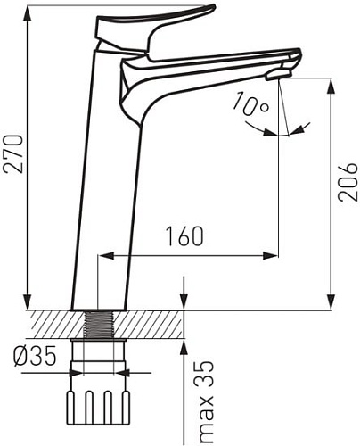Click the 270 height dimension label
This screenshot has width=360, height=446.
tap(13, 153)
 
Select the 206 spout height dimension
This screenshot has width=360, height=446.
tap(348, 182)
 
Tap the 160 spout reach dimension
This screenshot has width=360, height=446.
tap(184, 236)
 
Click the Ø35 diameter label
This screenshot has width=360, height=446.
tap(35, 356)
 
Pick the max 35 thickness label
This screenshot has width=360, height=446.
tap(206, 402)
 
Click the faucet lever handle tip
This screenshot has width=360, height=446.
tap(211, 7)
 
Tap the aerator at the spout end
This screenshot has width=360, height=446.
tap(279, 74)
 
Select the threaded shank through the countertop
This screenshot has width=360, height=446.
tap(99, 325)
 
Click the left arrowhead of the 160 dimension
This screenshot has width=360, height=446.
tap(106, 255)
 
